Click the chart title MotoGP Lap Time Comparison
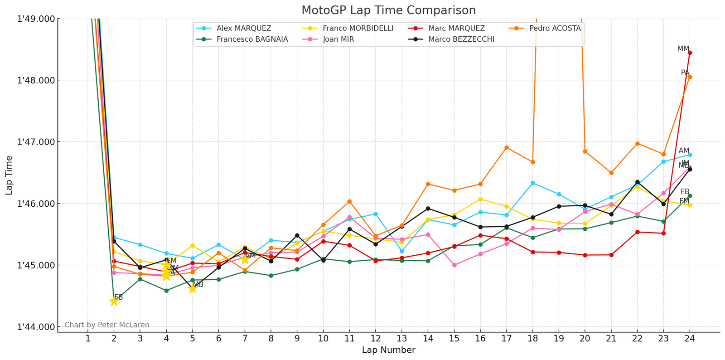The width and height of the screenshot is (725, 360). [388, 10]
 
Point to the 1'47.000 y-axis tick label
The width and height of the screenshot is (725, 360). [36, 142]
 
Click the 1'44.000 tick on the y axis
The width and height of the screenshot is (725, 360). [36, 327]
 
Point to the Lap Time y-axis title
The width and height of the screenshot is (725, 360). [9, 175]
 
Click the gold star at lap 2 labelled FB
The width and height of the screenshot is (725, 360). [114, 302]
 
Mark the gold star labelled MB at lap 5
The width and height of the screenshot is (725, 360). [192, 288]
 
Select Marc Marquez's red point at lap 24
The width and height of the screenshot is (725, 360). [690, 53]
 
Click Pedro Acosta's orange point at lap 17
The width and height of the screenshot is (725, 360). [507, 147]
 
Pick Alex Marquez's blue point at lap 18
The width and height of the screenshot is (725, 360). [533, 183]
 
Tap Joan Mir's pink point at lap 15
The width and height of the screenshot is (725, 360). [454, 265]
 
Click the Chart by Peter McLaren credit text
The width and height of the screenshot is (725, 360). [107, 325]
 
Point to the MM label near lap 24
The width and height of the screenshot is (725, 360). [683, 49]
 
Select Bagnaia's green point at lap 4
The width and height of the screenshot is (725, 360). [166, 291]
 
